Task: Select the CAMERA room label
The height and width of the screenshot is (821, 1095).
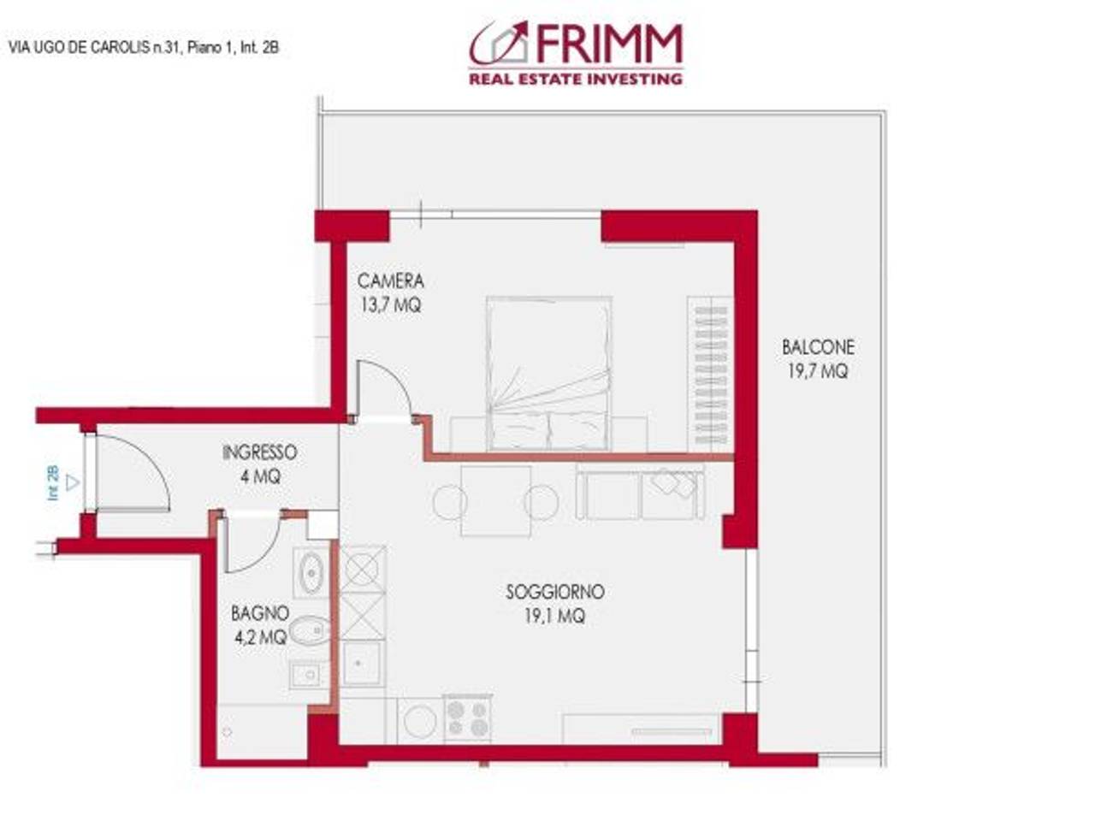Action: pyautogui.click(x=390, y=281)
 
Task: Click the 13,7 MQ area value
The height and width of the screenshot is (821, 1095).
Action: pyautogui.click(x=390, y=304)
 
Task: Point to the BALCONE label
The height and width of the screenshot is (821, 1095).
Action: pyautogui.click(x=818, y=347)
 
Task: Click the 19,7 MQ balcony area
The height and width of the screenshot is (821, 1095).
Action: pyautogui.click(x=818, y=371)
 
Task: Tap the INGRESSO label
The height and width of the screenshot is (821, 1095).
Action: pyautogui.click(x=259, y=452)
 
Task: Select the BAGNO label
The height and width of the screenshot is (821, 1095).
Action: pyautogui.click(x=259, y=613)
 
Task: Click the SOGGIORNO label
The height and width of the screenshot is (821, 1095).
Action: pyautogui.click(x=555, y=592)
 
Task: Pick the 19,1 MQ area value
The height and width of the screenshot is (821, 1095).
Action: pyautogui.click(x=555, y=616)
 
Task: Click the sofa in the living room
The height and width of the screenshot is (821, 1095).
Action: pyautogui.click(x=640, y=493)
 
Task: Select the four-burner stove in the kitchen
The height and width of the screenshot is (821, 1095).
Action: pyautogui.click(x=468, y=718)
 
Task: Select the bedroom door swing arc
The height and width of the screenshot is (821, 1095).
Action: pyautogui.click(x=382, y=390)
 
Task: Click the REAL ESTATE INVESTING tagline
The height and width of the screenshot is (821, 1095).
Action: pyautogui.click(x=575, y=79)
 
